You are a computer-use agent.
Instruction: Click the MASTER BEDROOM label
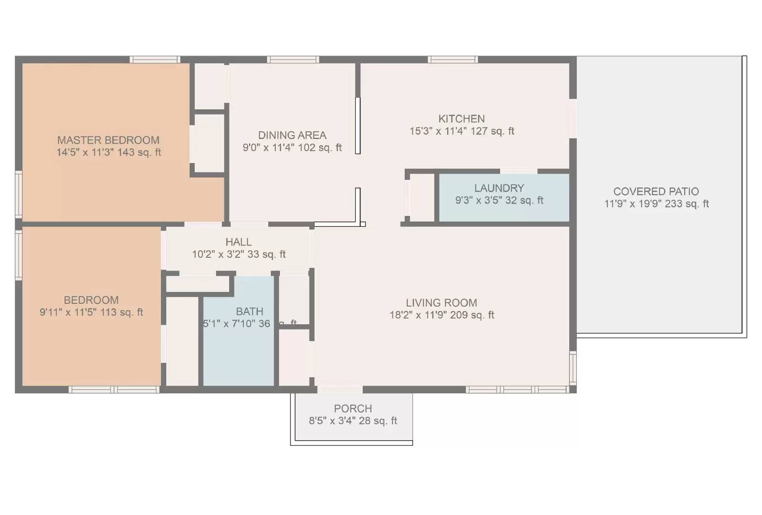point(108,140)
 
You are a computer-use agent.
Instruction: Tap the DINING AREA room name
point(292,136)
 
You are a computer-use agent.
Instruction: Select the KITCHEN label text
point(461,119)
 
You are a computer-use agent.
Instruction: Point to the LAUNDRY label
point(499,188)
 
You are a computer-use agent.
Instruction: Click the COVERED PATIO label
point(656,192)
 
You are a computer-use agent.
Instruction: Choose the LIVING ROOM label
point(441,303)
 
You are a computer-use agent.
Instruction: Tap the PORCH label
point(353,408)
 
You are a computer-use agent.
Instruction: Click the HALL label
point(239,242)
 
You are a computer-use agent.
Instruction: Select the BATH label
point(250,311)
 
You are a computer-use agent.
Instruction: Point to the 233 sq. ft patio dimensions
point(656,204)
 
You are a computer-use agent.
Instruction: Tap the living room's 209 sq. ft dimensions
point(441,315)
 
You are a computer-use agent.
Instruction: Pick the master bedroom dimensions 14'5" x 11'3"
point(109,153)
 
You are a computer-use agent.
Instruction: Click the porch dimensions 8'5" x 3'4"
point(353,421)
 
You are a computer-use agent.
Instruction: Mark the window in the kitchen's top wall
point(452,59)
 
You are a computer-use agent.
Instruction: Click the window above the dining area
point(292,59)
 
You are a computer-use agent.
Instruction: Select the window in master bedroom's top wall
point(155,59)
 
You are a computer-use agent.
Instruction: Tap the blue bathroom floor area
point(238,357)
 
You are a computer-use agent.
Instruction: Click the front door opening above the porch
point(340,389)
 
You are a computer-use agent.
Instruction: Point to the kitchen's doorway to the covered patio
point(573,118)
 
